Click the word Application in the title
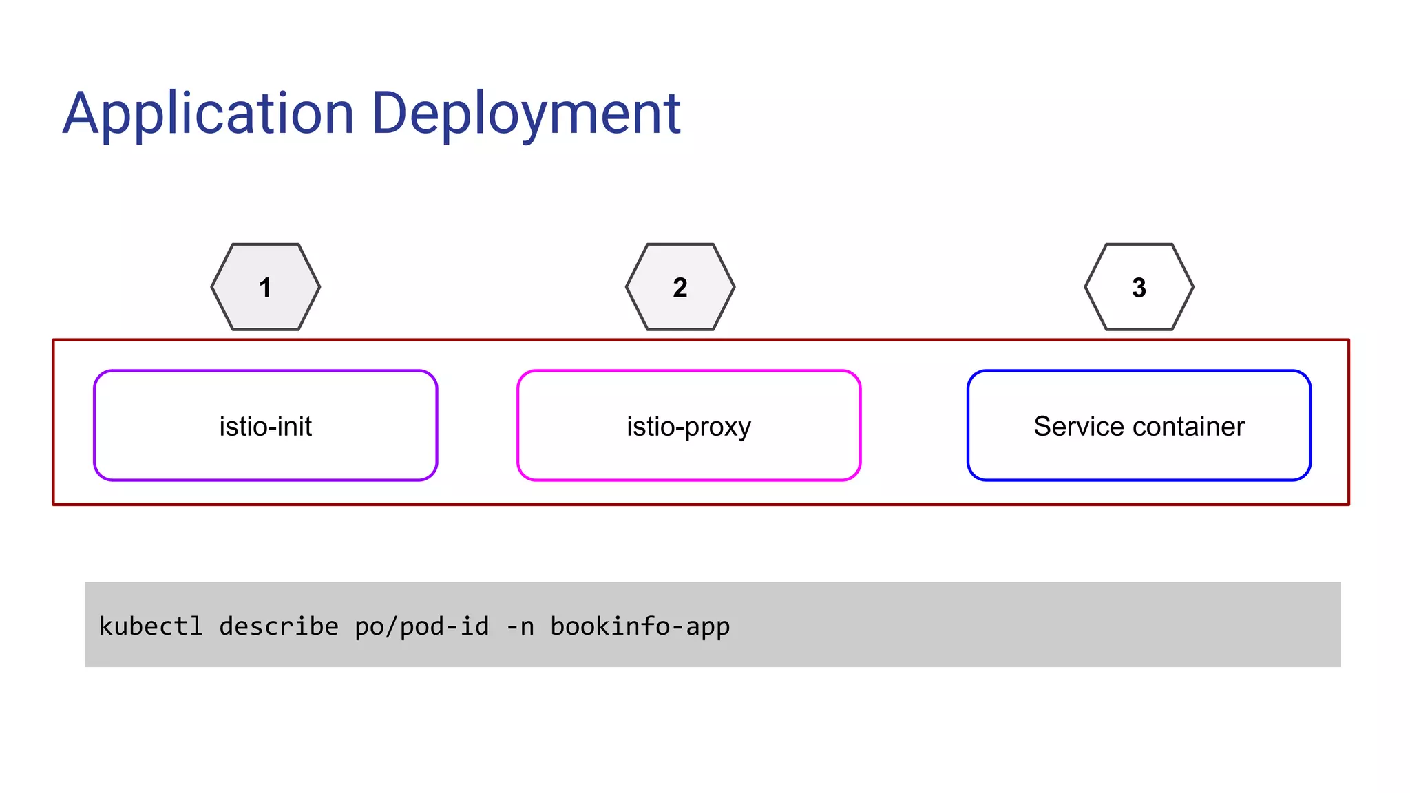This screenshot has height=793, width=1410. coord(208,114)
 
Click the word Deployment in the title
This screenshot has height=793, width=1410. coord(526,114)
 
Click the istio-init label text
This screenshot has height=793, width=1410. coord(265,426)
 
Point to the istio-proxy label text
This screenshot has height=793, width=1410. coord(688,427)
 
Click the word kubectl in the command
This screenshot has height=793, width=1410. coord(151,626)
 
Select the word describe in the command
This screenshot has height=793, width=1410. coord(278,626)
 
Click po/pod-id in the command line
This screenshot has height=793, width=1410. coord(421,626)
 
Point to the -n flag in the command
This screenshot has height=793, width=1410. coord(520,626)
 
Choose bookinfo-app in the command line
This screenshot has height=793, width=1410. coord(640,626)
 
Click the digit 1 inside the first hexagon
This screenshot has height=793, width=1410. coord(265,288)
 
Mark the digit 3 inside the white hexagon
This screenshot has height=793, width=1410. coord(1139,288)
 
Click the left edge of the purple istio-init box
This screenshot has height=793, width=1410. coord(95,425)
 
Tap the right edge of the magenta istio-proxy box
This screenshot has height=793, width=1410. coord(860,425)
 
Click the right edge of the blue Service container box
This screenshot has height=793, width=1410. coord(1309,425)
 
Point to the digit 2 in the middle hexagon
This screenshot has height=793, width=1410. coord(680,288)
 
